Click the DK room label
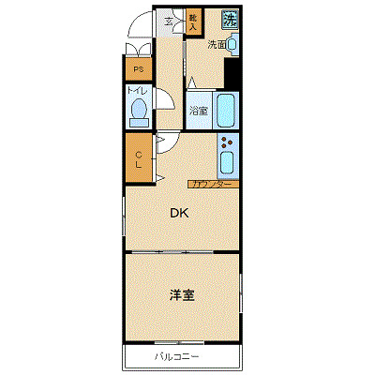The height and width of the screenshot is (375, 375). [178, 213]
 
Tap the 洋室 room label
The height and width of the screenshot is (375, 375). [182, 295]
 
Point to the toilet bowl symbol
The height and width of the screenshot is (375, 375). [139, 112]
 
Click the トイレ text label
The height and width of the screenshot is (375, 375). [137, 91]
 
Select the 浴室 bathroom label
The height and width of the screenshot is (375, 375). [198, 111]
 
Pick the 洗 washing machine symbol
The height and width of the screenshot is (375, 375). [230, 18]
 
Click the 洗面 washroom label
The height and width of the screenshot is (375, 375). [217, 44]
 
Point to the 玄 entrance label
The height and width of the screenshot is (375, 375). [170, 21]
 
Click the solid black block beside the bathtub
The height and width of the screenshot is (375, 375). [232, 74]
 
